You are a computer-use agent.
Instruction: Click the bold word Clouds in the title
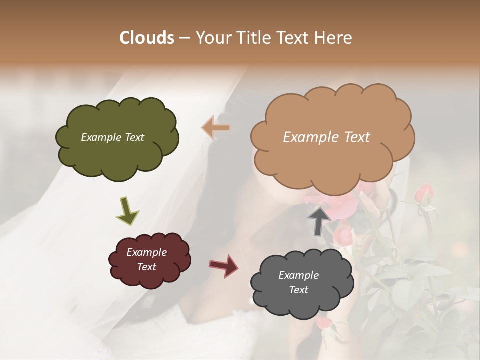[147, 38]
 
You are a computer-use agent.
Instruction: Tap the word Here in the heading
[333, 38]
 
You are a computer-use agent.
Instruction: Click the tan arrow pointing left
[216, 128]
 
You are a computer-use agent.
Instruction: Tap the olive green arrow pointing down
[127, 211]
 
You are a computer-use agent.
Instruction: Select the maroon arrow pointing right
[223, 266]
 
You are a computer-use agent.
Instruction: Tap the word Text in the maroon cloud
[147, 267]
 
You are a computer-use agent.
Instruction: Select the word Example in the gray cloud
[298, 275]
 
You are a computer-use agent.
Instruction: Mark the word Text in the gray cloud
[298, 290]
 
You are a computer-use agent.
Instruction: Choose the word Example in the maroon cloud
[147, 252]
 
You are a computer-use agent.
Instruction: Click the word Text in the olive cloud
[134, 137]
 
